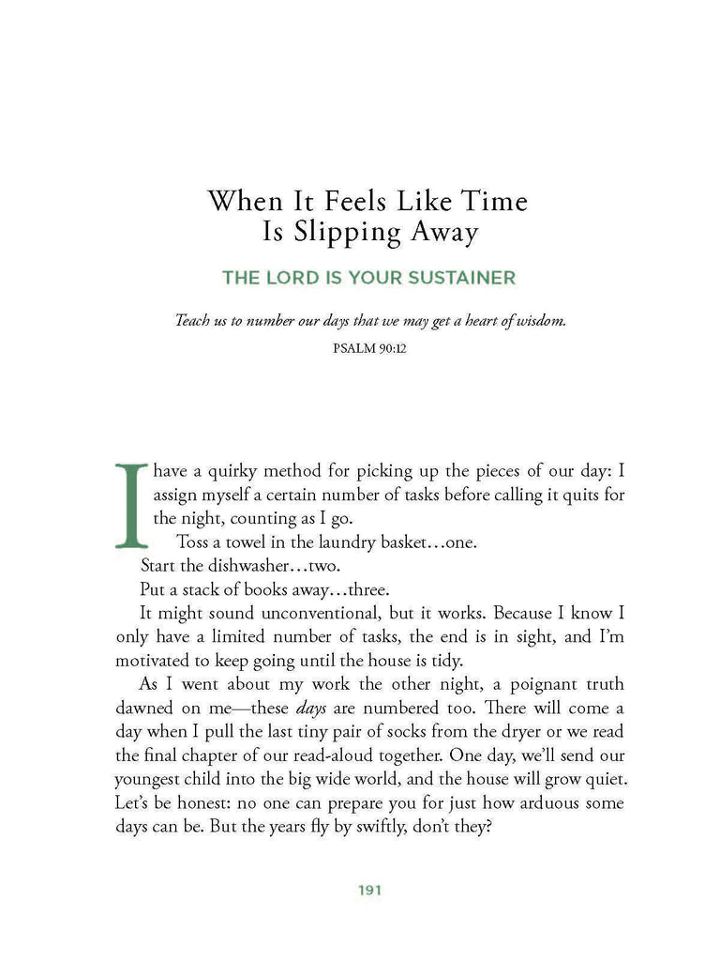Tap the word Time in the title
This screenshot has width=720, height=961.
click(x=487, y=201)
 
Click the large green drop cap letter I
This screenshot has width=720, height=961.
click(x=131, y=504)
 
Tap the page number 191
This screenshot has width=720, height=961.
click(x=369, y=891)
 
